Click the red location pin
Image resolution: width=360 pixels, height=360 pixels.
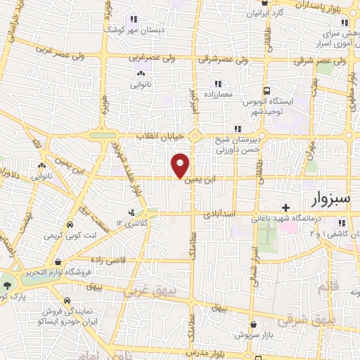[181, 165]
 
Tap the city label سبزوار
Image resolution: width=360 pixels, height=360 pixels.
[323, 198]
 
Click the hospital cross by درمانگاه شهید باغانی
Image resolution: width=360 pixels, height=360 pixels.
[285, 207]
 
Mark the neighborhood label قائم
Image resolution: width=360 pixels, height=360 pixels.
[324, 288]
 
